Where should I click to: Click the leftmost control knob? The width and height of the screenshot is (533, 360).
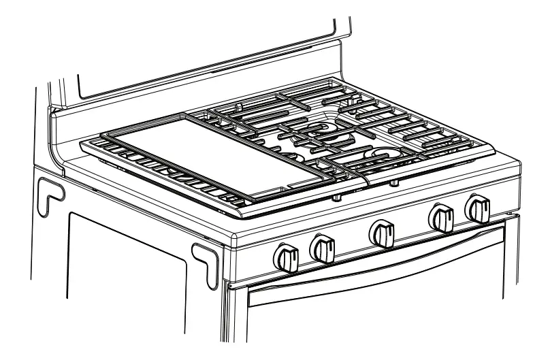click(286, 257)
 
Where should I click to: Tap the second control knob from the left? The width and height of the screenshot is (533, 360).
click(322, 248)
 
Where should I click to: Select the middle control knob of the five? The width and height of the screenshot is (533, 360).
click(381, 233)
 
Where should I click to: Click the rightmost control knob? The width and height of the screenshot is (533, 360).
click(478, 208)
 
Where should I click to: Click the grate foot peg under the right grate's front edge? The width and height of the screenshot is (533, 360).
click(394, 183)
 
